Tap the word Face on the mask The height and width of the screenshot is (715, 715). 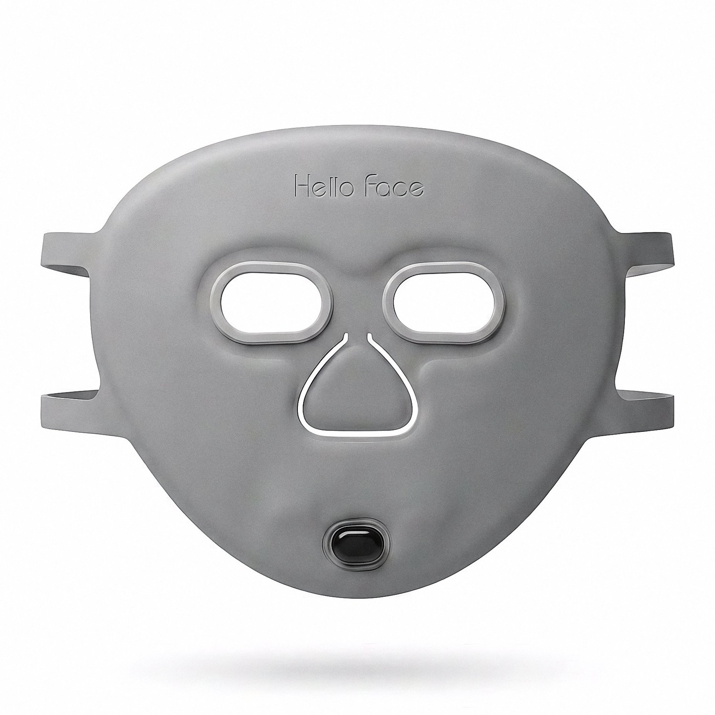[x=393, y=186]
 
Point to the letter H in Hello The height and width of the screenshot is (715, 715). [x=301, y=186]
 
